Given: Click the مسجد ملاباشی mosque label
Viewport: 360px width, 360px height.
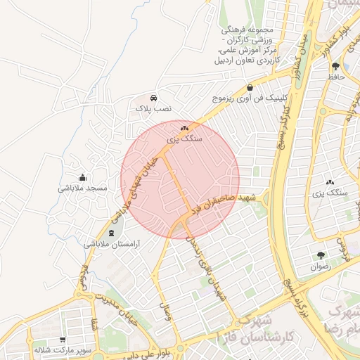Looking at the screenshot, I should tap(82, 188).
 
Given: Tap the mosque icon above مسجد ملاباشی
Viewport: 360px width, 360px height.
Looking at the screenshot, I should tap(83, 177).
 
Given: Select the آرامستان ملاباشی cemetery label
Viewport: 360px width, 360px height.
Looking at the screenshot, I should tap(112, 244).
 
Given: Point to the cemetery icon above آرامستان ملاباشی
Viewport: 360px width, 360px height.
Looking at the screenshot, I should tap(112, 233).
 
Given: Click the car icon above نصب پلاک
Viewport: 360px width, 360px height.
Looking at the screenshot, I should tap(153, 98).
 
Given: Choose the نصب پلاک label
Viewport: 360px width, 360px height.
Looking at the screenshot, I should tap(153, 110).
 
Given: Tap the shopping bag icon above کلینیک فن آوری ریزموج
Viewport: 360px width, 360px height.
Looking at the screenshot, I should tap(250, 89).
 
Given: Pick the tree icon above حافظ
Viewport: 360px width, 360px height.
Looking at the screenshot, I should tap(335, 67).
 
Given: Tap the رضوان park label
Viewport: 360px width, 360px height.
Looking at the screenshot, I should tap(321, 268).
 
